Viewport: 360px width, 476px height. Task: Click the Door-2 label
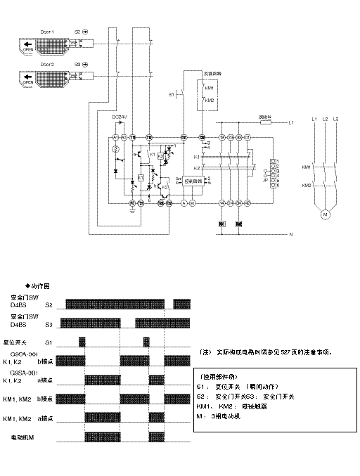[x=47, y=64]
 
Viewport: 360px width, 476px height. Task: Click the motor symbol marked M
[x=325, y=212]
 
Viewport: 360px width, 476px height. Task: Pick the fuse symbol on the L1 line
[x=266, y=122]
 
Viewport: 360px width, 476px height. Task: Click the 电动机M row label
[x=23, y=437]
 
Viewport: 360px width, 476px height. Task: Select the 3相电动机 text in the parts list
[x=228, y=416]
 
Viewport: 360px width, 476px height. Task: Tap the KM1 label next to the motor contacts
[x=307, y=167]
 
